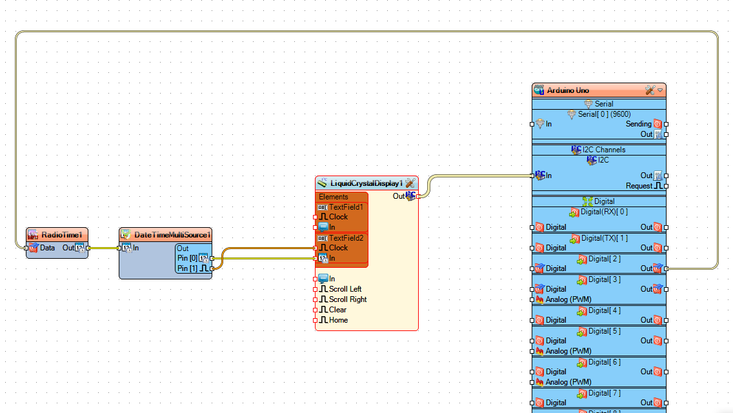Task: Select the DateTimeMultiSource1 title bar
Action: (x=172, y=234)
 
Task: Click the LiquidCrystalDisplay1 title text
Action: (x=366, y=183)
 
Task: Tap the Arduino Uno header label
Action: (x=568, y=90)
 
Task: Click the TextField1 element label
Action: (x=346, y=207)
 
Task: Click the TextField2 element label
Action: (x=346, y=238)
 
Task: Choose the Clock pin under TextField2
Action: (x=338, y=248)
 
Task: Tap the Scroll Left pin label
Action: (x=345, y=289)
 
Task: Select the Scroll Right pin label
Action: (x=347, y=299)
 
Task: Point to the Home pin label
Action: (x=338, y=320)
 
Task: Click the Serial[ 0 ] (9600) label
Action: (x=604, y=114)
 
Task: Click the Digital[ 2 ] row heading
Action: (x=604, y=259)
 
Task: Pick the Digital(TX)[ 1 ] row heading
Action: (x=604, y=238)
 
